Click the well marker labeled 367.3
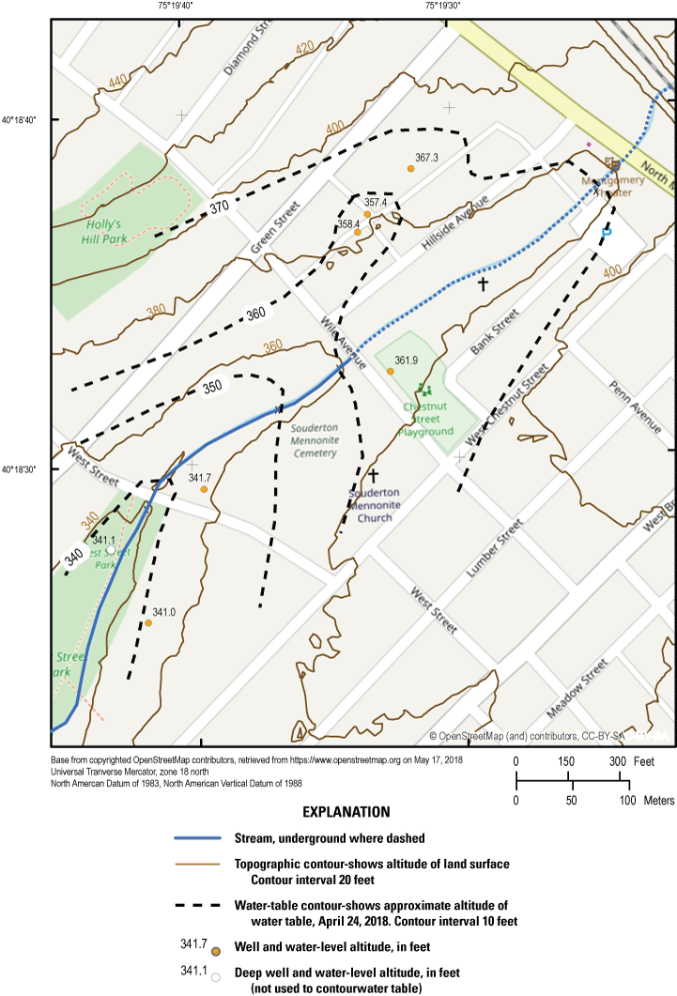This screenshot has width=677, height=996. pyautogui.click(x=410, y=168)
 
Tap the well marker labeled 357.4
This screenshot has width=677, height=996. pyautogui.click(x=367, y=214)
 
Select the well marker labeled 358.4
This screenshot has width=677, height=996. pyautogui.click(x=358, y=232)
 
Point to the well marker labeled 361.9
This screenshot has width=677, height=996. pyautogui.click(x=391, y=372)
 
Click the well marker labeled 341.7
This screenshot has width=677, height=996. pyautogui.click(x=204, y=489)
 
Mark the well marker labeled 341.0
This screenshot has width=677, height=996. pyautogui.click(x=148, y=623)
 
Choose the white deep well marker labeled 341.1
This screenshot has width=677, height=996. pyautogui.click(x=111, y=550)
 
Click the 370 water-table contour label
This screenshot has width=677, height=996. pyautogui.click(x=219, y=207)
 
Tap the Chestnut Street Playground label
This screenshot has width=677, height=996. pyautogui.click(x=427, y=419)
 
